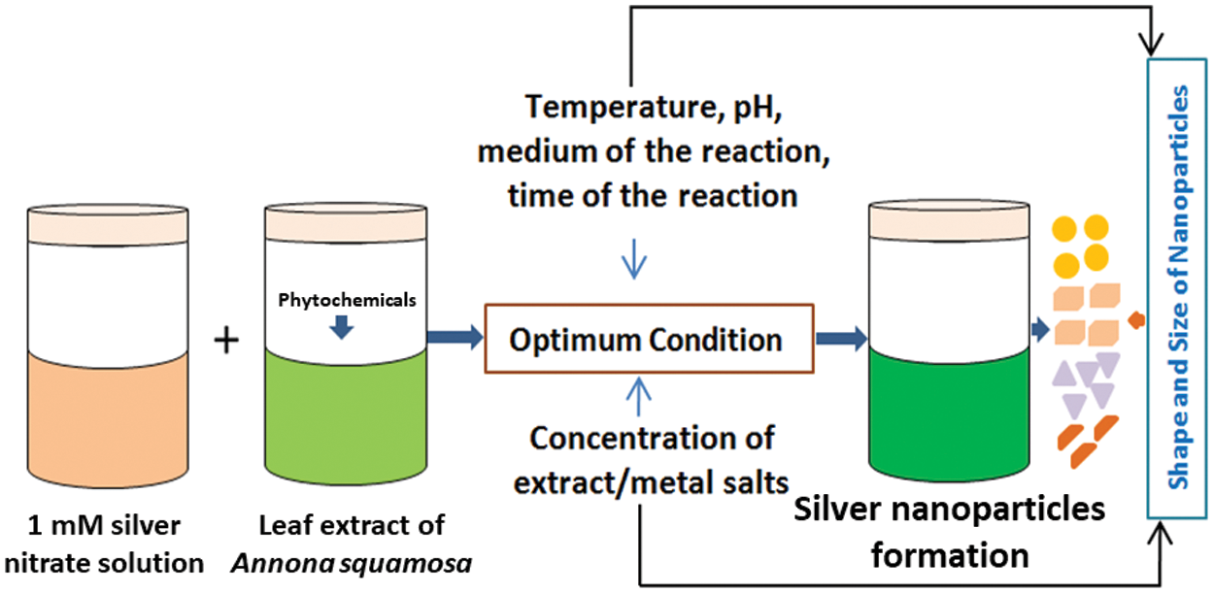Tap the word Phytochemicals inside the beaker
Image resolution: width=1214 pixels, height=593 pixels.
point(347,300)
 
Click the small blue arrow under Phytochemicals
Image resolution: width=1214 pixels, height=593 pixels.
point(342,327)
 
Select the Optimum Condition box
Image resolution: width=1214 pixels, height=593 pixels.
point(650,339)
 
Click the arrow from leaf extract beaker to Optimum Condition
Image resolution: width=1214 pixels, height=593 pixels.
point(455,338)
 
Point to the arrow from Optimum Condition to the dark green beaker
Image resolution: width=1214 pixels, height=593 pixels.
point(842,339)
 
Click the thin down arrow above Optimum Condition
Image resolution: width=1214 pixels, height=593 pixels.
point(634,259)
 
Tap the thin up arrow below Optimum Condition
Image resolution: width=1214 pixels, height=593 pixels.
point(638,396)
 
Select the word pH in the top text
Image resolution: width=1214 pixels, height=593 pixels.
point(758,108)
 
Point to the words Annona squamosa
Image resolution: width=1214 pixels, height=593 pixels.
point(352,564)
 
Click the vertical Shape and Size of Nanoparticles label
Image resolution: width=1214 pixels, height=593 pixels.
point(1178,287)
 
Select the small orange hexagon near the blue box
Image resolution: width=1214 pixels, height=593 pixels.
point(1136,320)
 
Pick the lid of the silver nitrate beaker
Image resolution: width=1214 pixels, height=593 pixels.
point(108,225)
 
